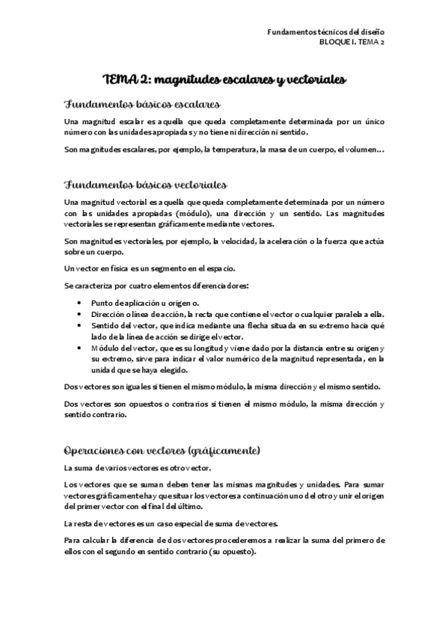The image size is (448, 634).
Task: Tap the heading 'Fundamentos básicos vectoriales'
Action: [x=146, y=185]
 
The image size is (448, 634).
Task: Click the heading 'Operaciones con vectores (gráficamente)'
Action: [x=162, y=451]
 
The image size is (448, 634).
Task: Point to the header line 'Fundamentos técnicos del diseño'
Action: [x=326, y=32]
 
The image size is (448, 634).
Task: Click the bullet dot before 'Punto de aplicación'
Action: [x=81, y=304]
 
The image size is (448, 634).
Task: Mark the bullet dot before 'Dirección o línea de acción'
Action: [x=81, y=315]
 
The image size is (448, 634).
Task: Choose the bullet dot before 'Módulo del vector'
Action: [x=81, y=348]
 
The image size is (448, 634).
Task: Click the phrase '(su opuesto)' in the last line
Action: [x=231, y=551]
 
